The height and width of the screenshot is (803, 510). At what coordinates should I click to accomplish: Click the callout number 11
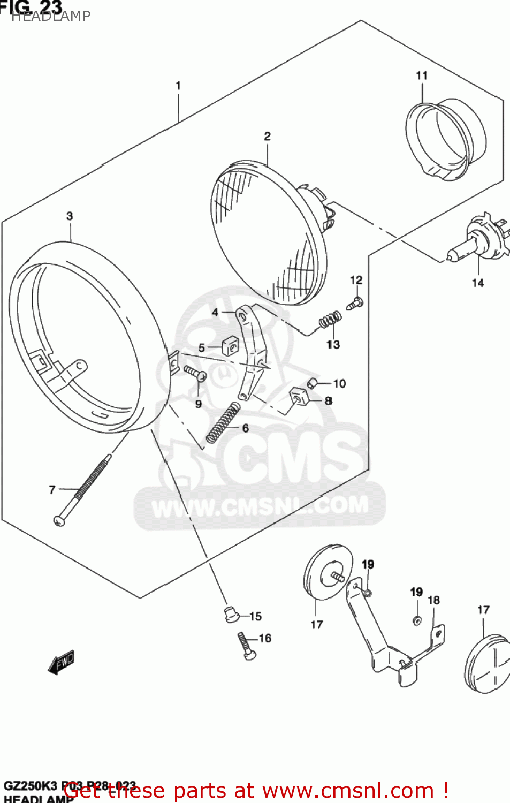tap(422, 76)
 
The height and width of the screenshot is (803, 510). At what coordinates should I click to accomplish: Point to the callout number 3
tap(70, 216)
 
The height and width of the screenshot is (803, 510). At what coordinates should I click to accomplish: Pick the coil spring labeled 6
tap(223, 422)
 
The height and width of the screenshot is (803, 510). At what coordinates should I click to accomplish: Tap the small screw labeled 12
tap(355, 304)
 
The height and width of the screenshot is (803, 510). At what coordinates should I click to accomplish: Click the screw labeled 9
tap(195, 373)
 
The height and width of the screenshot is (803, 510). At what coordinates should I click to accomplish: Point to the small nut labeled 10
tap(313, 383)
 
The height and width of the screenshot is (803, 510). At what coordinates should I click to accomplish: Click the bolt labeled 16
tap(247, 646)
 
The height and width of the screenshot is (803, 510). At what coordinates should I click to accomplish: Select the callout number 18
tap(433, 600)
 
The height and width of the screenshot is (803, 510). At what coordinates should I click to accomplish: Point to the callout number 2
tap(267, 137)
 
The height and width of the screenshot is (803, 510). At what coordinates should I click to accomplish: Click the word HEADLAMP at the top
tap(51, 16)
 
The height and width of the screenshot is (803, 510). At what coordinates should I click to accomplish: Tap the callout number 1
tap(178, 86)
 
